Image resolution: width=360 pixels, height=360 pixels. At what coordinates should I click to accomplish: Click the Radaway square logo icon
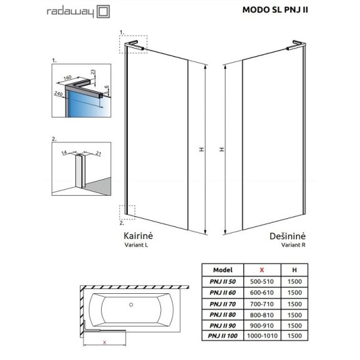tap(103, 12)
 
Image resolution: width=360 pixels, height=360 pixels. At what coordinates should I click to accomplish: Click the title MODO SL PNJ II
tap(275, 10)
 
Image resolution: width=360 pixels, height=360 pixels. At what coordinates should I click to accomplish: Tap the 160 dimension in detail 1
tap(67, 78)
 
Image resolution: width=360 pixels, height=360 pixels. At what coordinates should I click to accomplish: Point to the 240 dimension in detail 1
tap(58, 94)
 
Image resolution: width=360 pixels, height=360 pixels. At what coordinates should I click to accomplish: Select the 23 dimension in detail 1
tap(92, 72)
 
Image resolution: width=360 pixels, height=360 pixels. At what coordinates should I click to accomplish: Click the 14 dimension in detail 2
tap(64, 152)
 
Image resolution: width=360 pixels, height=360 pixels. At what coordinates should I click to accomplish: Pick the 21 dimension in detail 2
tap(98, 153)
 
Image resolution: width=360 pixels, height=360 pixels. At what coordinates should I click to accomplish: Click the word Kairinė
tap(138, 236)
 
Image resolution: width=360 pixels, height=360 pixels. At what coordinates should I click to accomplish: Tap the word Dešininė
tap(287, 236)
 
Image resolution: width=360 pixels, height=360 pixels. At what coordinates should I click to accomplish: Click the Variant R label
tap(293, 245)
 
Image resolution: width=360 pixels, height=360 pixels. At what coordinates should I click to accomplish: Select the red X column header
tap(262, 270)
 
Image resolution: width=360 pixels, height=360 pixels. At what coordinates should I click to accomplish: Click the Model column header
tap(223, 270)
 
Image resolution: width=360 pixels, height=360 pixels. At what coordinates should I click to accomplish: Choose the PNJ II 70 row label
tap(223, 304)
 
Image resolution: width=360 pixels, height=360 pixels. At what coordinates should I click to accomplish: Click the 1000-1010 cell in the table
tap(262, 336)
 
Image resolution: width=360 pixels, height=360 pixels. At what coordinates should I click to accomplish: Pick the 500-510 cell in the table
tap(262, 281)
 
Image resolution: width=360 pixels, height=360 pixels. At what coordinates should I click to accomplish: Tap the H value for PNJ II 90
tap(294, 326)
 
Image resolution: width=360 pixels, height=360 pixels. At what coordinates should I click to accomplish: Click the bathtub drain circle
tap(131, 304)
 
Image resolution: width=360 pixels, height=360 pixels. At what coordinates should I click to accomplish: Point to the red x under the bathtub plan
tap(105, 343)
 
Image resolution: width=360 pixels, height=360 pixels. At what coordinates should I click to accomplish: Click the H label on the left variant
tap(202, 150)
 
